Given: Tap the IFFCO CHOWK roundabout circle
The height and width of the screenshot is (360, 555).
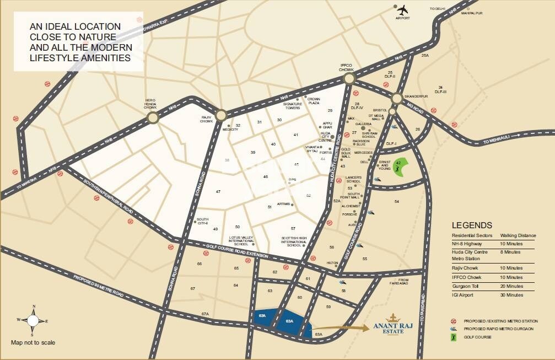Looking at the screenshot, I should click(348, 79).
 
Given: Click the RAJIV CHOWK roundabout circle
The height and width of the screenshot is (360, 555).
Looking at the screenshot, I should click(221, 115).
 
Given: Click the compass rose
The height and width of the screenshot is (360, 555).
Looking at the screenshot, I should click(33, 320).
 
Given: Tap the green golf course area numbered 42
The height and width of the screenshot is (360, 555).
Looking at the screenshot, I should click(401, 166).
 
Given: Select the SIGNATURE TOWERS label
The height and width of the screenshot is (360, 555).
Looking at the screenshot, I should click(293, 106).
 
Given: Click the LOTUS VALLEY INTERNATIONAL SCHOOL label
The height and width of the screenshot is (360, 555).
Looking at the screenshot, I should click(241, 241).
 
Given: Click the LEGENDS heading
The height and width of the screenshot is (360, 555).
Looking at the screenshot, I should click(472, 225).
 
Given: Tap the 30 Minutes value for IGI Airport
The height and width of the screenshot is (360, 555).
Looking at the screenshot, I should click(511, 295).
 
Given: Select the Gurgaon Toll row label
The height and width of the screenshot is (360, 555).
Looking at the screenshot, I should click(466, 286).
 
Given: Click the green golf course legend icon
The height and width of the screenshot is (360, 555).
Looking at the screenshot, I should click(454, 336).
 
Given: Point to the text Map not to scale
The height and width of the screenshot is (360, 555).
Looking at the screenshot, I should click(33, 342).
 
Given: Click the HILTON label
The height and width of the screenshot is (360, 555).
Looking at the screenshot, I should click(332, 263).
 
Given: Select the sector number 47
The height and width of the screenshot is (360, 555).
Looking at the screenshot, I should click(218, 191).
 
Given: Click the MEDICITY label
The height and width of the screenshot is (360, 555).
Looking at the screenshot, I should click(230, 129).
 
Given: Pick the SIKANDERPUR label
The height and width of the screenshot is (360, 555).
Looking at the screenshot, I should click(416, 96).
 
